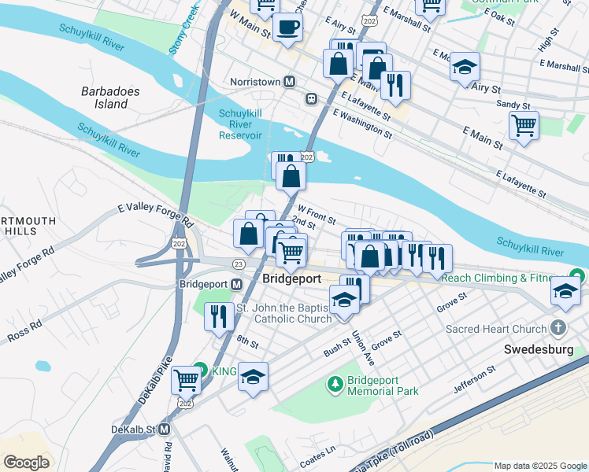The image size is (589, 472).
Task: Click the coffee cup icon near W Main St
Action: [x=287, y=26]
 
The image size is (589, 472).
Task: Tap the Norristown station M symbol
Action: [x=290, y=82]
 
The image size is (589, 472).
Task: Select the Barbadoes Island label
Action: [x=110, y=98]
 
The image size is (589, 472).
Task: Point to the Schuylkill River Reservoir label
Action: [x=240, y=124]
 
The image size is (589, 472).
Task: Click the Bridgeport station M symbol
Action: [x=236, y=284]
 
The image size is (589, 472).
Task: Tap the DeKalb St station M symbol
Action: [x=164, y=430]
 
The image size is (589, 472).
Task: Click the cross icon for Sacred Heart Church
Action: [x=558, y=326]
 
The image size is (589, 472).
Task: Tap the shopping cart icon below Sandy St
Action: [x=524, y=124]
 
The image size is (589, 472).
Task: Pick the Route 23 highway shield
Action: [x=237, y=264]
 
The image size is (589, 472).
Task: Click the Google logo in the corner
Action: [x=26, y=462]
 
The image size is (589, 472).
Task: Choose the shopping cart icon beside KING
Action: [x=186, y=379]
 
